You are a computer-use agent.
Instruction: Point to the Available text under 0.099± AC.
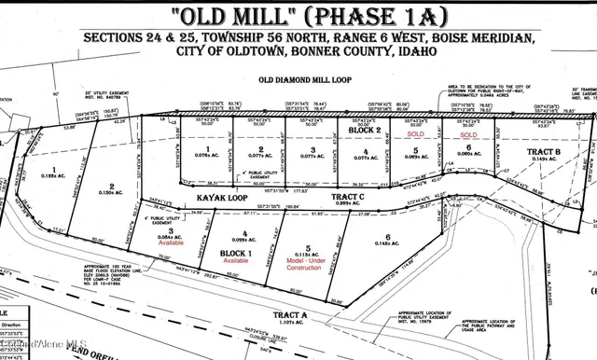236,261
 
